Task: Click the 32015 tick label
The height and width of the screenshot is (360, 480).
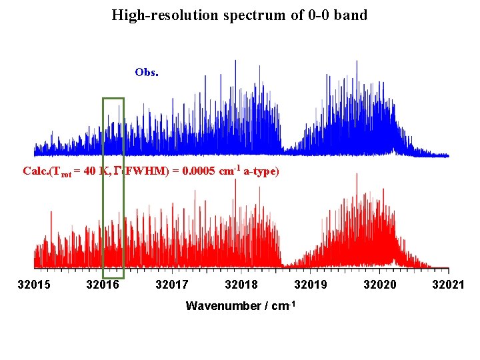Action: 33,285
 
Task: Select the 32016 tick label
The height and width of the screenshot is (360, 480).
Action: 103,285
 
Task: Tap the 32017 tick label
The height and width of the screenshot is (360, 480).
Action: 171,285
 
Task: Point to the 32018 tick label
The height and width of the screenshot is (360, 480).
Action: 241,285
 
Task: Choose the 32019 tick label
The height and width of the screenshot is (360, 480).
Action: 310,285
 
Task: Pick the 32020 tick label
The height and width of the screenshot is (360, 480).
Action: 379,285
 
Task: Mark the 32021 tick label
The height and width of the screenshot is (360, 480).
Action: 448,285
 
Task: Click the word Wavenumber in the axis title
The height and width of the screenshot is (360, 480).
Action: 221,306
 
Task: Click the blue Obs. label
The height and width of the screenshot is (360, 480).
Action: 146,72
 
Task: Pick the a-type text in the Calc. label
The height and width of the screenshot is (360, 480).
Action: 259,171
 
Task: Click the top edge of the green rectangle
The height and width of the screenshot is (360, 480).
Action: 113,99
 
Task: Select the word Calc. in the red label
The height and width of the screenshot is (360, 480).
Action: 36,171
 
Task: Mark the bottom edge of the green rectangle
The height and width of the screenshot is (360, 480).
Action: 113,277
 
